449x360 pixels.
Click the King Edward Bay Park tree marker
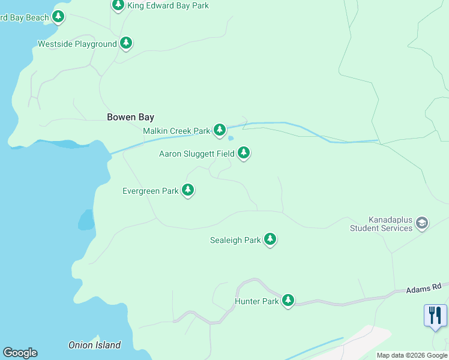[x=118, y=5]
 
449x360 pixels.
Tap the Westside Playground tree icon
[x=125, y=43]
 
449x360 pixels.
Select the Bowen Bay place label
[x=130, y=118]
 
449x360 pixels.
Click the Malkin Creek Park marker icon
[x=220, y=130]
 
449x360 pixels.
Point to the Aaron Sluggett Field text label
[x=196, y=154]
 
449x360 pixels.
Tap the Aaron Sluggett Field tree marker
[x=243, y=153]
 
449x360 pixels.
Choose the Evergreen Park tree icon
[x=188, y=190]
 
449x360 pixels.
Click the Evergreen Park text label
[x=150, y=191]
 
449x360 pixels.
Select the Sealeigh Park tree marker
[x=270, y=239]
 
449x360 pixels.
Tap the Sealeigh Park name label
[x=235, y=241]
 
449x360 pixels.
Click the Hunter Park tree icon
[x=288, y=300]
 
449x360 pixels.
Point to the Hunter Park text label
[x=256, y=301]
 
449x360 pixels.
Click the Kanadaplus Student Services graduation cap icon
[x=422, y=223]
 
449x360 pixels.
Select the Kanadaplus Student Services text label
[x=381, y=224]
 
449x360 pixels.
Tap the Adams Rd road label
[x=423, y=288]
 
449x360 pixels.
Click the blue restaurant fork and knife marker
[x=435, y=315]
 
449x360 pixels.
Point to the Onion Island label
[x=94, y=345]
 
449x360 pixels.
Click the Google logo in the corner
[x=20, y=353]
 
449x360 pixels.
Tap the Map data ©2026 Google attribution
[x=412, y=355]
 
